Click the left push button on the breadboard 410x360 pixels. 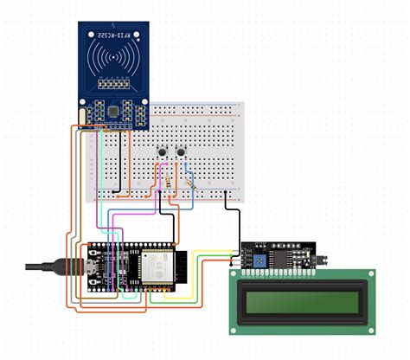click(163, 153)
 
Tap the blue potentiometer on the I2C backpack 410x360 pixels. click(259, 258)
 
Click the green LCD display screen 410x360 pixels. click(302, 301)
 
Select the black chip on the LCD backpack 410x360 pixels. click(283, 257)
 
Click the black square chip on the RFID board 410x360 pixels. click(114, 110)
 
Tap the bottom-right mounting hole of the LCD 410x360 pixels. click(369, 327)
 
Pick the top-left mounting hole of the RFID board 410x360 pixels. click(84, 28)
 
